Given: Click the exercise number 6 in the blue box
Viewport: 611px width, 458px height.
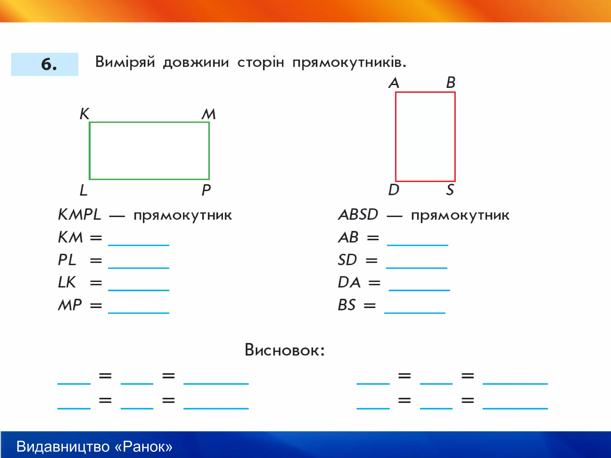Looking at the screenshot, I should coord(48,64).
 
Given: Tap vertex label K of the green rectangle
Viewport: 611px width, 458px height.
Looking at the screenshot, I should coord(84,114).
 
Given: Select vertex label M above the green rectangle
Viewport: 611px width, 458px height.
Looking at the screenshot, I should coord(209,114).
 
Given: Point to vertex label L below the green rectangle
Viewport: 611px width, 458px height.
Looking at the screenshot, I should coord(83,190).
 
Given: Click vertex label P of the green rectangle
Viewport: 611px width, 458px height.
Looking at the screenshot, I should coord(206,190).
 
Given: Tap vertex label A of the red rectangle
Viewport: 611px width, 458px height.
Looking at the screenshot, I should coord(394,83).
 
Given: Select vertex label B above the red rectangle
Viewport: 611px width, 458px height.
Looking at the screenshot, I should coord(451,82).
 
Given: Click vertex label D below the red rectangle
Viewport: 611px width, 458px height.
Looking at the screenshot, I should coord(394,190).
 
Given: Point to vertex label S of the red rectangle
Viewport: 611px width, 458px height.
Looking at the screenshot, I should coord(450,190).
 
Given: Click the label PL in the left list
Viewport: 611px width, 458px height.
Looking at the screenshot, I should coord(67,260).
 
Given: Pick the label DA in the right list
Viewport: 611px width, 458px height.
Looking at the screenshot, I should coord(349,282).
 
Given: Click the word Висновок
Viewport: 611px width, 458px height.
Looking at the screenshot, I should coord(284,350).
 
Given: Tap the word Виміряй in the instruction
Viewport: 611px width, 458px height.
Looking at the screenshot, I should coord(125,62).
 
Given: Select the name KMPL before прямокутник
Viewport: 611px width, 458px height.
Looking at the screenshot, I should coord(79,214).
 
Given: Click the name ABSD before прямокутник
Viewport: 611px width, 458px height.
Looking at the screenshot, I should coord(358,214).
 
